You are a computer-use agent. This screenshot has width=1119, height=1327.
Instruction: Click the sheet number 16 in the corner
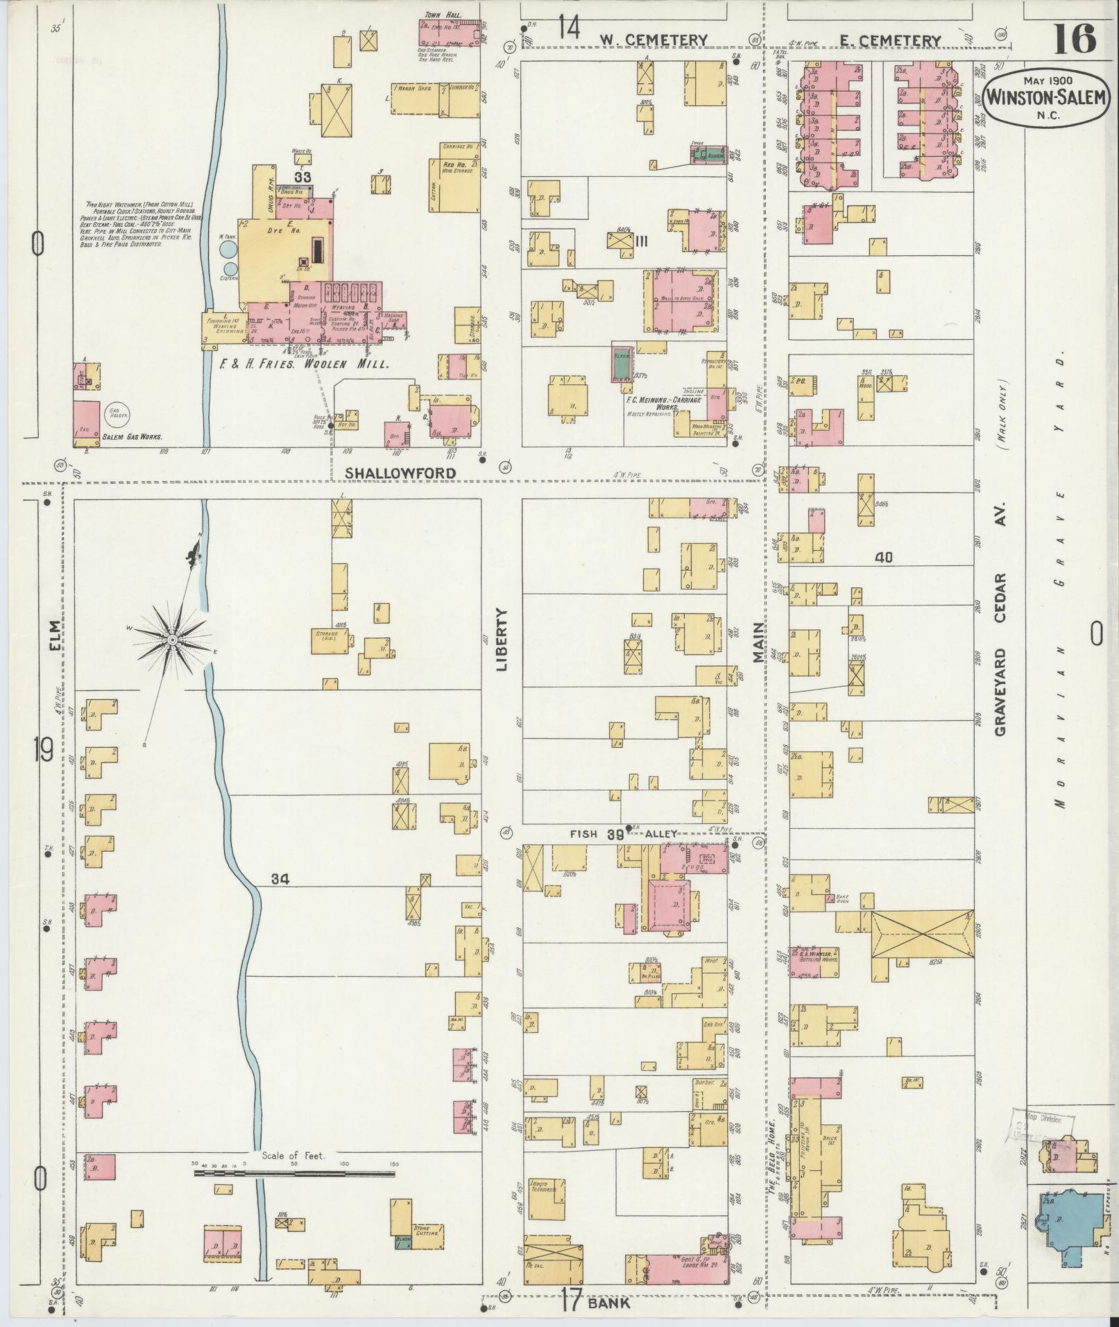1075,40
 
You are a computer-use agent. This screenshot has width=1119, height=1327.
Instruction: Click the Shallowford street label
401,472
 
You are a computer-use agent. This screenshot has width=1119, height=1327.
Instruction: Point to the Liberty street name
502,642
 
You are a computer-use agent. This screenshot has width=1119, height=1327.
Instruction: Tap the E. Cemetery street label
889,41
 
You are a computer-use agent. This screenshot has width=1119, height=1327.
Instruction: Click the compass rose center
171,637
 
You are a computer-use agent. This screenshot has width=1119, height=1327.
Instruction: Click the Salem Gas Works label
131,438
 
